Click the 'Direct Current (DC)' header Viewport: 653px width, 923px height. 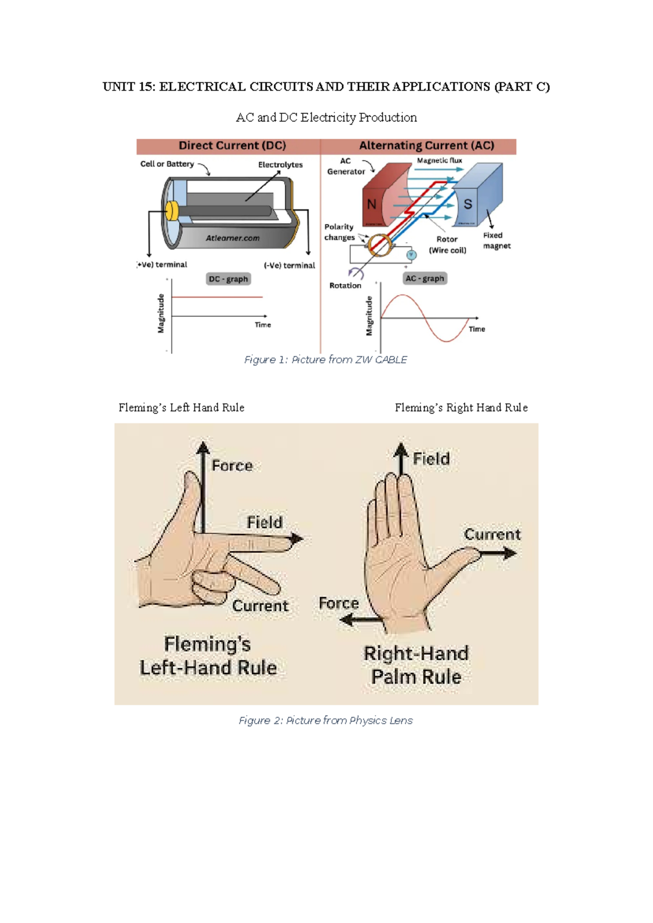coord(232,146)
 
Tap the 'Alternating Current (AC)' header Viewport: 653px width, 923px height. coord(427,146)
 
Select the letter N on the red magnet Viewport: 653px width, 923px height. coord(372,205)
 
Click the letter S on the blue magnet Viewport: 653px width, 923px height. coord(467,205)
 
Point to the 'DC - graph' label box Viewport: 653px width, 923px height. coord(229,279)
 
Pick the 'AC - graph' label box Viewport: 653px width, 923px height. coord(425,279)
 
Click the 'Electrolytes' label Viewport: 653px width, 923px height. coord(280,164)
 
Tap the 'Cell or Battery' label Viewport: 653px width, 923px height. coord(167,164)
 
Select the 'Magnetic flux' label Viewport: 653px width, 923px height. coord(439,161)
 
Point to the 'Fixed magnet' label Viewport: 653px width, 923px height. coord(496,241)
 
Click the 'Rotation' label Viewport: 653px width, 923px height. coord(345,285)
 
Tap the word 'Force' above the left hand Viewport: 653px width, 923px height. coord(232,466)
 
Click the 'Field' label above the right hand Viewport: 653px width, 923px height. coord(431,459)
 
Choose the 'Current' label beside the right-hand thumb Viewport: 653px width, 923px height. coord(492,534)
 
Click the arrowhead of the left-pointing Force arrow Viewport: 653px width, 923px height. coord(346,619)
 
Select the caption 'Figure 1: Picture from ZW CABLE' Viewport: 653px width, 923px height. coord(325,360)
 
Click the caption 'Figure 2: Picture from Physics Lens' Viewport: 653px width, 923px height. coord(325,721)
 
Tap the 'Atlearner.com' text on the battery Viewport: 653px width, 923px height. coord(232,238)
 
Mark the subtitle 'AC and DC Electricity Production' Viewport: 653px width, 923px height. coord(326,118)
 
